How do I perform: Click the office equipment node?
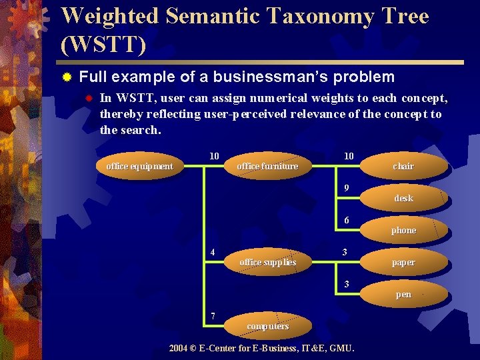(x=139, y=166)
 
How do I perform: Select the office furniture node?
(x=267, y=166)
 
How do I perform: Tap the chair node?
(x=403, y=166)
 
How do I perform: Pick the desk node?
(x=403, y=198)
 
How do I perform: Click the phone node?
(x=403, y=230)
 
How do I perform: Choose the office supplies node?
(x=267, y=262)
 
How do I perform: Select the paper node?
(x=403, y=262)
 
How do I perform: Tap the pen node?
(x=403, y=294)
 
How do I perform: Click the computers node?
(x=267, y=326)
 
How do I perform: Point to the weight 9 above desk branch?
(x=347, y=188)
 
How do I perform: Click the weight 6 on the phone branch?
(x=347, y=220)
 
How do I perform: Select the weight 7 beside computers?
(x=213, y=315)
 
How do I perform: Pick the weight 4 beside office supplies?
(x=213, y=252)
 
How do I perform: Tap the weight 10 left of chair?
(x=349, y=156)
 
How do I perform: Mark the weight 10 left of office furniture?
(x=214, y=156)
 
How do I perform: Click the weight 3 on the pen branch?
(x=347, y=284)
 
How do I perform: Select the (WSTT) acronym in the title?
(x=103, y=45)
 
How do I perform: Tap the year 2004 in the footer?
(x=179, y=348)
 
